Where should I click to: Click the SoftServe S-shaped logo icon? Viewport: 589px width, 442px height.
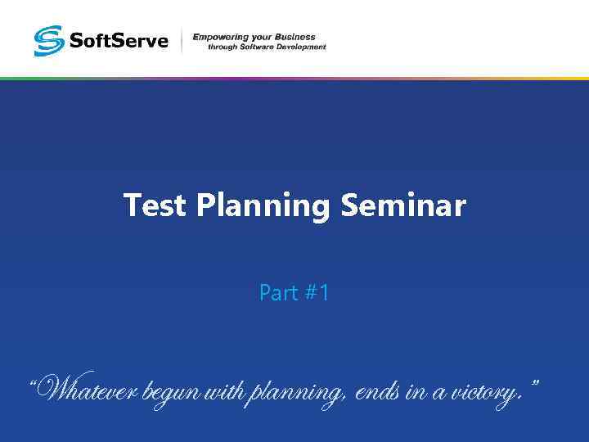[x=48, y=40]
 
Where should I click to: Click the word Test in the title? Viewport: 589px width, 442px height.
[x=156, y=205]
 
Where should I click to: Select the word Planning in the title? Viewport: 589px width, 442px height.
[x=263, y=206]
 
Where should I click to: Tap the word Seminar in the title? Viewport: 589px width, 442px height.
[x=402, y=205]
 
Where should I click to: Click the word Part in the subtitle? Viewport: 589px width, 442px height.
[x=278, y=293]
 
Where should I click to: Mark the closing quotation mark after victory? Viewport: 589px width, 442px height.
[x=534, y=383]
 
